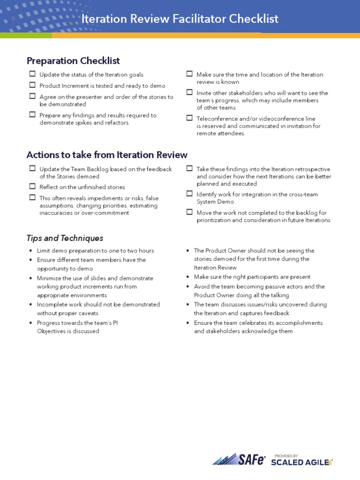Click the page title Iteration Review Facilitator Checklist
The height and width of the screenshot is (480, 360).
tap(180, 19)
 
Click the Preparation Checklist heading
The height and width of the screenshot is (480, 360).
tap(73, 60)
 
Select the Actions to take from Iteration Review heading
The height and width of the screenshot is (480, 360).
tap(107, 155)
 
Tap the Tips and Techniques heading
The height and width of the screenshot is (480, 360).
tap(65, 238)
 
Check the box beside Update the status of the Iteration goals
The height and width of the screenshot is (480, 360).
tap(32, 74)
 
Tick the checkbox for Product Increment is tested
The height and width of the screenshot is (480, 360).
tap(32, 85)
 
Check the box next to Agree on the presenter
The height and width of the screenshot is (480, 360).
tap(32, 97)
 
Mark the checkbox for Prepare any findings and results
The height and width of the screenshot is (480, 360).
tap(32, 115)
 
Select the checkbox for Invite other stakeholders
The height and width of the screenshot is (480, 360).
tap(189, 93)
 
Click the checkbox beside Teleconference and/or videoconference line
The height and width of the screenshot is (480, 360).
tap(189, 118)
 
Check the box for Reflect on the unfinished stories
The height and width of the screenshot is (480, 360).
tap(32, 187)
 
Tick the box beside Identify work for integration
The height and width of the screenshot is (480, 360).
tap(189, 194)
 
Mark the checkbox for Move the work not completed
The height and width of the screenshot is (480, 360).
tap(189, 212)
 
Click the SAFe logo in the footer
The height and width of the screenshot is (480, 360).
tap(239, 459)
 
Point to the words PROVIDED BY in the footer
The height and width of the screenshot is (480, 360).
tap(286, 455)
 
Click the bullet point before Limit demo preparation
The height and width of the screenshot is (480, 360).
tap(30, 251)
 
